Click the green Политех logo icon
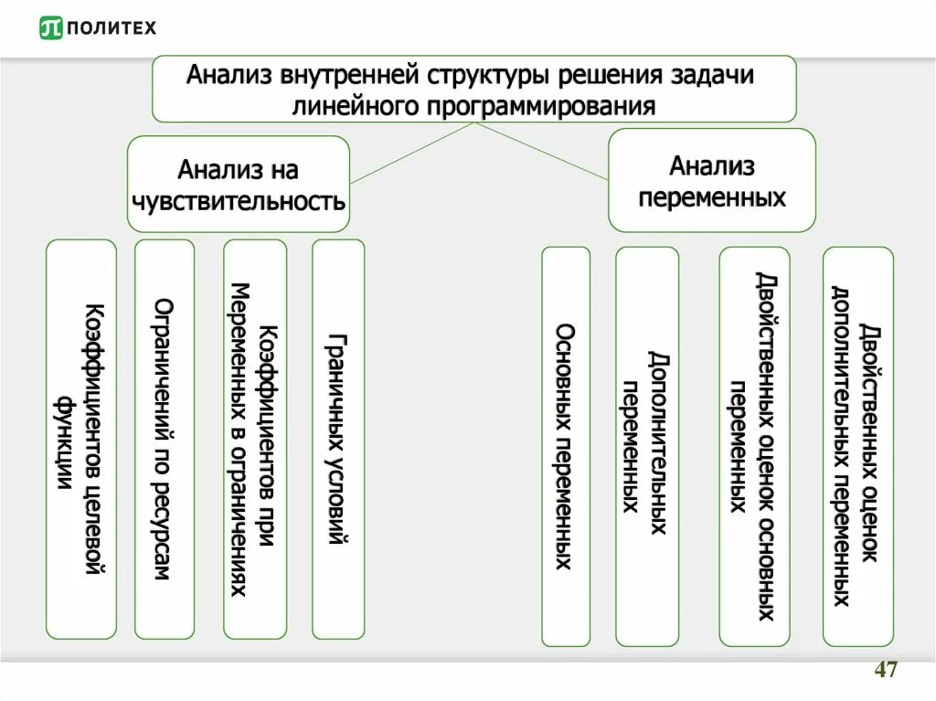click(51, 28)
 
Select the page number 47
click(885, 670)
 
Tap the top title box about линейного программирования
click(473, 89)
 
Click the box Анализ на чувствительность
click(238, 183)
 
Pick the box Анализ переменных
click(711, 180)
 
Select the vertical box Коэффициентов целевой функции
click(81, 439)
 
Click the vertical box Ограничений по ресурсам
click(165, 439)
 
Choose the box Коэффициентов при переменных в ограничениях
click(254, 439)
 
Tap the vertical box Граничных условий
click(338, 439)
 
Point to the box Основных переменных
click(566, 446)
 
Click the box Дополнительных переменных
click(647, 446)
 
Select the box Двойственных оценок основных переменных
click(754, 446)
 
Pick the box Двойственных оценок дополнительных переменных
click(857, 446)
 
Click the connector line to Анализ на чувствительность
click(411, 152)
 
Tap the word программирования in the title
click(542, 105)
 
